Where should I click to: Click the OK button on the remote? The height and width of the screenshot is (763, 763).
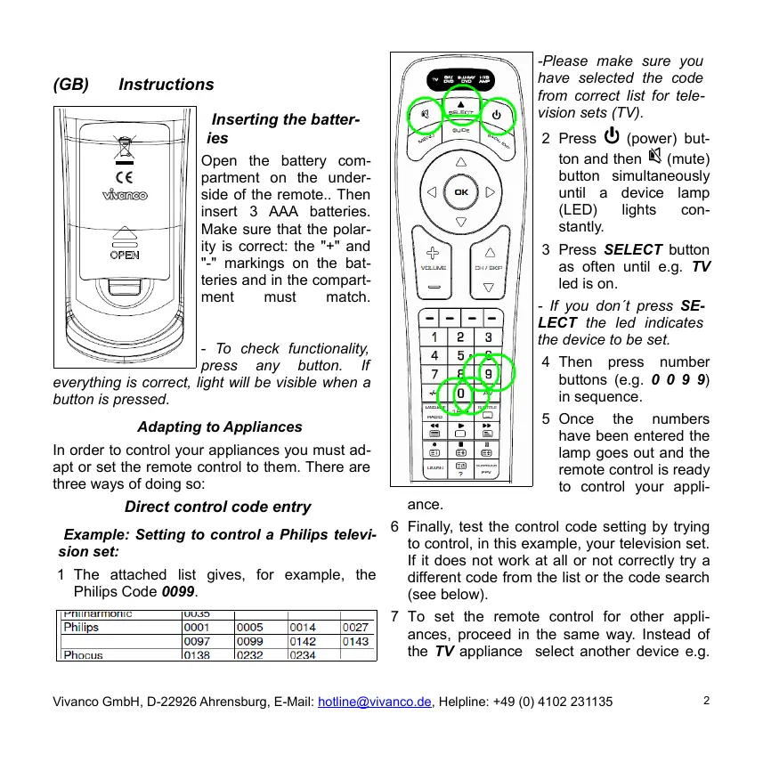tap(460, 192)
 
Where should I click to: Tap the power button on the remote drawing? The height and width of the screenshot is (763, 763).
tap(497, 114)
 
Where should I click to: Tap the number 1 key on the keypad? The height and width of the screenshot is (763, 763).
tap(434, 337)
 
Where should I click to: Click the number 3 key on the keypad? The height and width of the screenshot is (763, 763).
tap(488, 337)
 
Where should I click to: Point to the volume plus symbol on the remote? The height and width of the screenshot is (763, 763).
tap(434, 253)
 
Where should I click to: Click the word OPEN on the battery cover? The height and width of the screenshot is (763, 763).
tap(125, 255)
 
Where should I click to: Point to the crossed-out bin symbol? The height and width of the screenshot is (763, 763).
tap(125, 143)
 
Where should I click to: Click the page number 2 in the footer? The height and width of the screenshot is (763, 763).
tap(706, 701)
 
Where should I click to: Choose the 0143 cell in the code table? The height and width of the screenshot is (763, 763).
tap(355, 641)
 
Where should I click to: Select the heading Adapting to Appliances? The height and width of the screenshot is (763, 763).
tap(219, 427)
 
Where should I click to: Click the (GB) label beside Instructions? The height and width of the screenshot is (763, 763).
tap(71, 85)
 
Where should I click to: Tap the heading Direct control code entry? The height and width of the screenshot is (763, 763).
tap(218, 507)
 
